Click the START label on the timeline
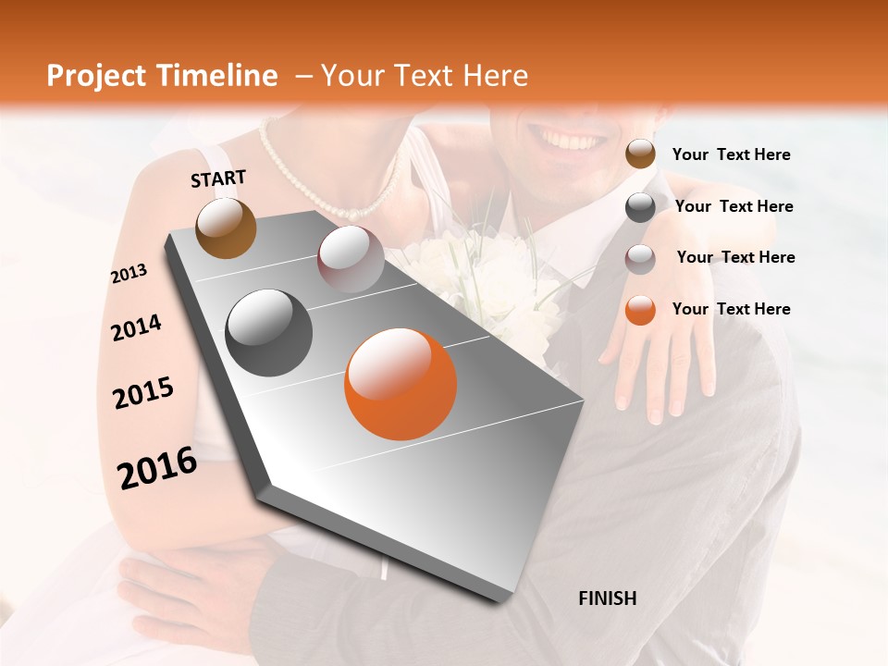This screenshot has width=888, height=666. coord(218,179)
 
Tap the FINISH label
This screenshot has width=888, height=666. coord(607,598)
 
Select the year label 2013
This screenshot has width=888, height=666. coord(129,274)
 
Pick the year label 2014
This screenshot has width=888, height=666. coord(136,327)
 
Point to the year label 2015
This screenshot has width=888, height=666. coord(143,393)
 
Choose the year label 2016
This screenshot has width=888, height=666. coord(157,468)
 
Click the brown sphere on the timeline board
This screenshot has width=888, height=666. coord(226,228)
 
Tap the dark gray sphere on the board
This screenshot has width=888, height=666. coord(269,333)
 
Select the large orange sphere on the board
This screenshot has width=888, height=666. coord(401,384)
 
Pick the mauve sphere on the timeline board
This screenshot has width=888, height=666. coord(351,259)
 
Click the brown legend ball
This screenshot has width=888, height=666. coord(640,154)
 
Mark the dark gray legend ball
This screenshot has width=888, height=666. coord(640,207)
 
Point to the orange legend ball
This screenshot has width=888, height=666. coord(640,310)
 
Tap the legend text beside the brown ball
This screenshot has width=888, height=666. coord(731,154)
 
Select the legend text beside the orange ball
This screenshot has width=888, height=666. coord(731,309)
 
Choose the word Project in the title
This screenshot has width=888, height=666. coord(96,76)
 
